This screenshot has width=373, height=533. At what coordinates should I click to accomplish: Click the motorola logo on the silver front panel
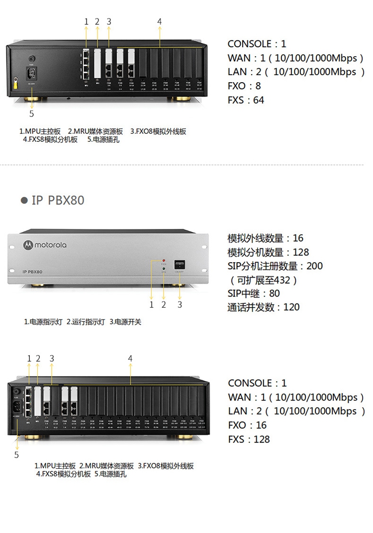click(45, 244)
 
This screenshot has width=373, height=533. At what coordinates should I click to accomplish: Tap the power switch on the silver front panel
click(180, 265)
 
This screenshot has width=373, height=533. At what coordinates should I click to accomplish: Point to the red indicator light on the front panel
click(164, 260)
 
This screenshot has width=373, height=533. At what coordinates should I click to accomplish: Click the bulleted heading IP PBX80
click(52, 200)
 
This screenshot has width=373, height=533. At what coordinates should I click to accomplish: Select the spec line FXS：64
click(246, 100)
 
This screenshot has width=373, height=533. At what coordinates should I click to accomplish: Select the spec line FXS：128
click(249, 439)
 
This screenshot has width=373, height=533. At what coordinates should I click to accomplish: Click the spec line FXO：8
click(244, 86)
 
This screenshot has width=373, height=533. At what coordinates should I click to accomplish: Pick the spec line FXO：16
click(247, 425)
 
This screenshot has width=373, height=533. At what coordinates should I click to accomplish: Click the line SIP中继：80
click(254, 293)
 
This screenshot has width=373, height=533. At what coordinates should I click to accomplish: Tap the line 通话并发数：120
click(264, 307)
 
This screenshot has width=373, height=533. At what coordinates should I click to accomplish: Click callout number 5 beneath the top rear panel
click(32, 113)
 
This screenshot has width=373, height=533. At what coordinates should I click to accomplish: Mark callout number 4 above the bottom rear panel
click(130, 358)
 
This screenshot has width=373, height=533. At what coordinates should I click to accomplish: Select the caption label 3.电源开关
click(125, 322)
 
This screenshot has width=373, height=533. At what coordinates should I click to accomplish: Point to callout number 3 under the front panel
click(180, 305)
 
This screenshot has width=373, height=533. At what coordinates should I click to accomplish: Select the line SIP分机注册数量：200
click(275, 266)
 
